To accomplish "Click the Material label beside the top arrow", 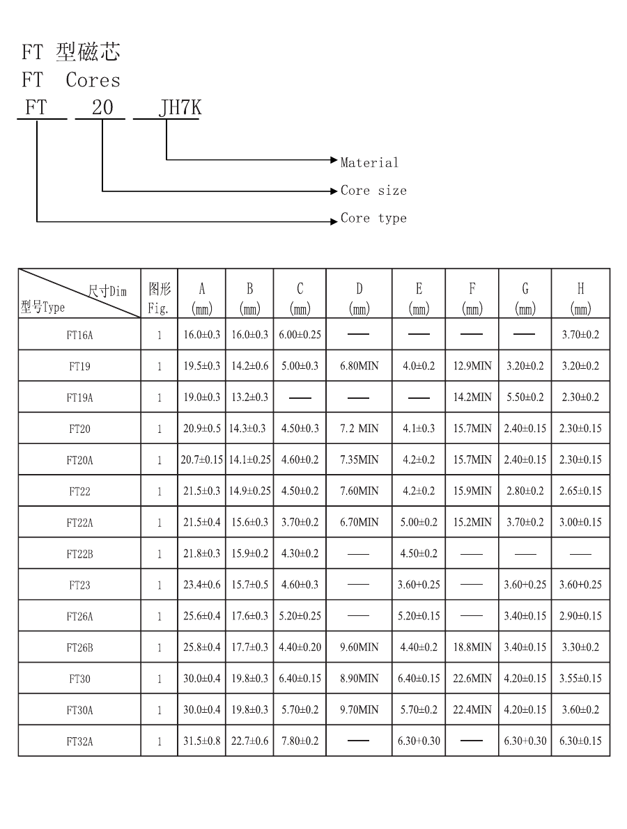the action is pos(369,162).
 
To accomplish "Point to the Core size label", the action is pos(373,190).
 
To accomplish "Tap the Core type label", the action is pos(373,218).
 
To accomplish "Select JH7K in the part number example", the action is pos(180,107).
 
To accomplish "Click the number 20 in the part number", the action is pos(102,107).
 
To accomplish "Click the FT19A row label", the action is pos(79,397).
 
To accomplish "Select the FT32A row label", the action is pos(79,741).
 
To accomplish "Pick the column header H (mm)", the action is pos(580,298).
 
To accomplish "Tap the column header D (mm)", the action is pos(359,298).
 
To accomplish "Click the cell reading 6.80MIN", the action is pos(359,366).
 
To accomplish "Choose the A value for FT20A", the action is pos(201,459).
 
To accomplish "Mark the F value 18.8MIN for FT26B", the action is pos(472,647).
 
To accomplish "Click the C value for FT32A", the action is pos(300,741).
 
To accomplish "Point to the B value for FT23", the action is pos(249,585).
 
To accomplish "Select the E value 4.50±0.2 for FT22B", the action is pos(419,553).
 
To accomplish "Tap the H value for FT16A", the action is pos(580,335).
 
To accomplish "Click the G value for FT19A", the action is pos(525,397).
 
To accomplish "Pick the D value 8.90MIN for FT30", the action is pos(359,679).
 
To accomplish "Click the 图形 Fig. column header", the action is pos(160,298).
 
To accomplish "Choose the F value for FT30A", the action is pos(472,709).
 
